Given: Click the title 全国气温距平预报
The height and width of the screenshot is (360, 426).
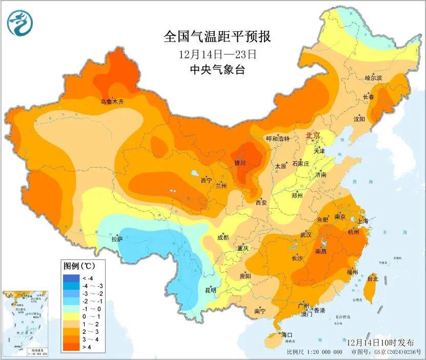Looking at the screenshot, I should (x=217, y=37).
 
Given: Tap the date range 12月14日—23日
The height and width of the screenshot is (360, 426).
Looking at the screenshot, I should (x=217, y=54).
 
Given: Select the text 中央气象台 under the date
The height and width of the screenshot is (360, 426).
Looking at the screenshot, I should (x=217, y=70).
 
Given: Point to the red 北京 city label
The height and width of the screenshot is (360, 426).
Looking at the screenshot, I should (x=313, y=136).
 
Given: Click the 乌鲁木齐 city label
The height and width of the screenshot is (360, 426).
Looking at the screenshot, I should (x=112, y=102).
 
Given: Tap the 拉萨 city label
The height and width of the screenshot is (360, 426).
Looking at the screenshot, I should (x=117, y=239).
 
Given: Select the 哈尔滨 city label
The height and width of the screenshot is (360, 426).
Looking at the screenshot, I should (x=373, y=78).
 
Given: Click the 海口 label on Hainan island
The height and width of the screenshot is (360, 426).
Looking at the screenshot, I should (x=288, y=335).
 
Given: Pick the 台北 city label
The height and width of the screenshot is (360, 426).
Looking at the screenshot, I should (x=373, y=279).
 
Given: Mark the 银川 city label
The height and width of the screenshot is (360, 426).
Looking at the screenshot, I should (x=240, y=163).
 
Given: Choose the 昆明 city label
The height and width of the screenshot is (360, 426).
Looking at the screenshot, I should (x=210, y=290).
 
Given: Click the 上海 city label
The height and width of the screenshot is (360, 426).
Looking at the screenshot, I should (x=363, y=221).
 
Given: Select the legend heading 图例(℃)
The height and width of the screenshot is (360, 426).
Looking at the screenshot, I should (x=77, y=266).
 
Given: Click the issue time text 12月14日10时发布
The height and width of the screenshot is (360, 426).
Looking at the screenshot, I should (x=377, y=342).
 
